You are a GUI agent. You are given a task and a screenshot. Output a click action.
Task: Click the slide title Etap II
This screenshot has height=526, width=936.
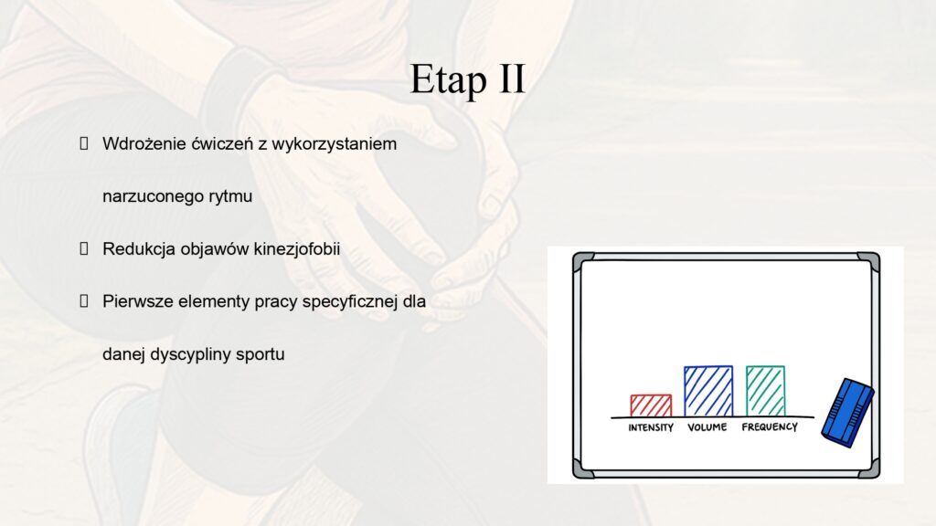click(467, 79)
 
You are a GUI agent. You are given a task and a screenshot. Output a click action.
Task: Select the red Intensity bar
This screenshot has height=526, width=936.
click(651, 405)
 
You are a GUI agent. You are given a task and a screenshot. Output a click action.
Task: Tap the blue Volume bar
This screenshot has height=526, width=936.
click(708, 391)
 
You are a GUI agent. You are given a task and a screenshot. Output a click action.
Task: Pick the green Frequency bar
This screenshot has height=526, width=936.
click(765, 391)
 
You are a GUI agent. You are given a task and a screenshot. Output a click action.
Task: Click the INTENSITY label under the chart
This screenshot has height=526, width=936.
click(651, 427)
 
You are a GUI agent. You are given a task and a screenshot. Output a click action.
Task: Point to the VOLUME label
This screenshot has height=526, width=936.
click(707, 427)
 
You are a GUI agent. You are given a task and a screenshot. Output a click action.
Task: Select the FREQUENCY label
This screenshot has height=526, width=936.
click(770, 427)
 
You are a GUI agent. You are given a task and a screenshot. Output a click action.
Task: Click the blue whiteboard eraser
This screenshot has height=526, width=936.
click(847, 413)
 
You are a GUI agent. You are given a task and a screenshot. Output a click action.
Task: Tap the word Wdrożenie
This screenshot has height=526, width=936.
click(144, 143)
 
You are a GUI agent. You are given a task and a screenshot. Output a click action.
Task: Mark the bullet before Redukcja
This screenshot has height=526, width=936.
click(84, 248)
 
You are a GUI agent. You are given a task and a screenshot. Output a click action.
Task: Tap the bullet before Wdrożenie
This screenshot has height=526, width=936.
click(84, 143)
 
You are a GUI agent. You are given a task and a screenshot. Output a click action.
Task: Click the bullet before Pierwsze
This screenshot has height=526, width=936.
click(84, 301)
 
